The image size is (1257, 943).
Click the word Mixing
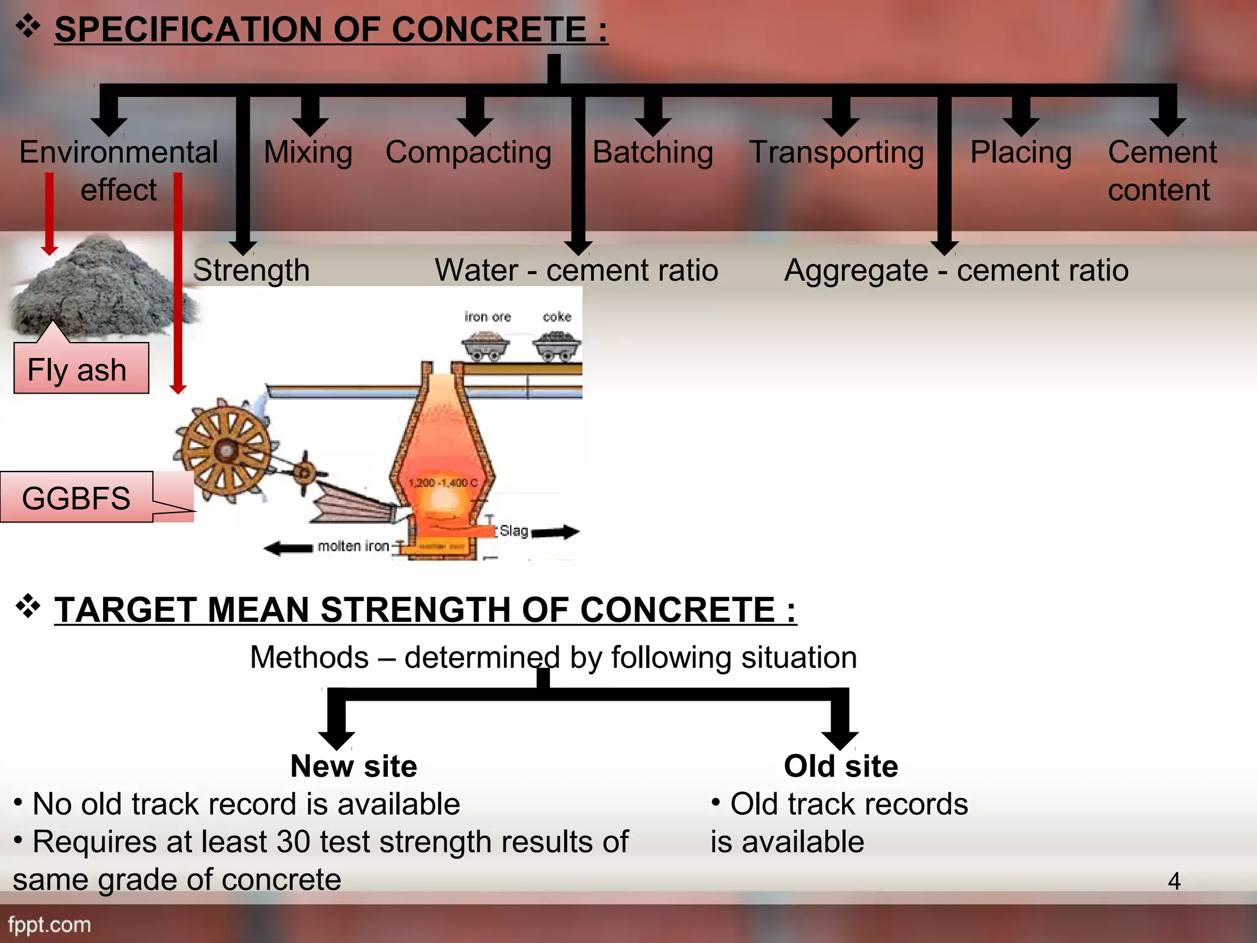click(x=308, y=152)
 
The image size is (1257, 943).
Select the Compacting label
click(x=468, y=152)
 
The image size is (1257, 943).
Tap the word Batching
click(x=652, y=152)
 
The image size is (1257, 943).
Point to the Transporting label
click(x=837, y=152)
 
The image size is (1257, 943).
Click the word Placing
click(x=1021, y=152)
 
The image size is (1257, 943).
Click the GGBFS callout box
click(x=77, y=497)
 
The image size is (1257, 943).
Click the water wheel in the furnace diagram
click(x=226, y=450)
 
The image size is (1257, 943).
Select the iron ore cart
click(x=485, y=346)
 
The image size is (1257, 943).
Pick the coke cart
click(x=557, y=346)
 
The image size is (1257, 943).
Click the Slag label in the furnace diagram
click(x=514, y=530)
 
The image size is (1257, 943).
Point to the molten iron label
click(x=354, y=546)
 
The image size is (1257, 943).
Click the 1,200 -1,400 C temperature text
click(x=443, y=483)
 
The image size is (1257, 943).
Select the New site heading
click(x=354, y=766)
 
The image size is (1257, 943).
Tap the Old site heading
click(x=840, y=766)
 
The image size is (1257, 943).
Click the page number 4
click(x=1174, y=882)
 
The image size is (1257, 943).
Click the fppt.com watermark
click(x=50, y=925)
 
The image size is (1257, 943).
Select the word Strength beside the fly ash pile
click(x=251, y=270)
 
